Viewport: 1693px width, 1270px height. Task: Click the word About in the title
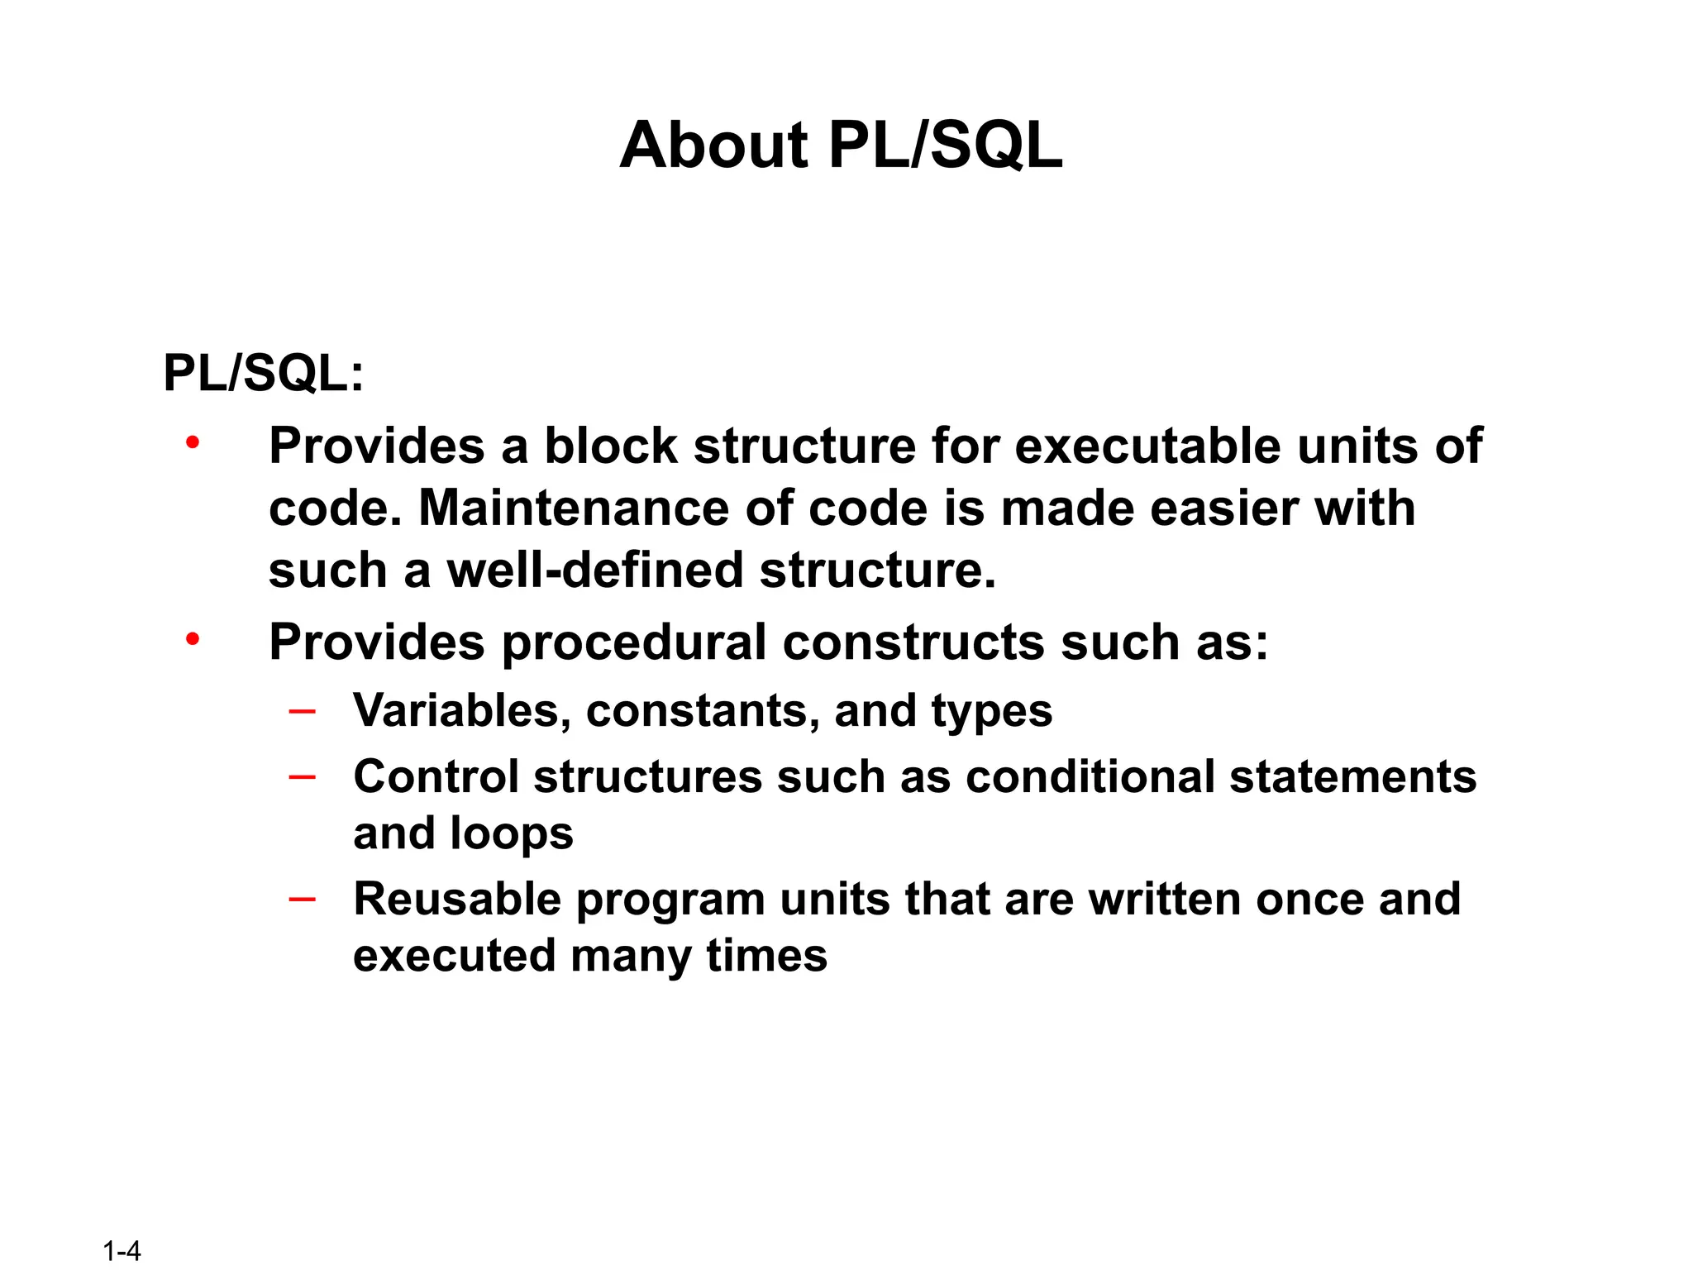713,146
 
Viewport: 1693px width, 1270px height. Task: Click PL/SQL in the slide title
945,146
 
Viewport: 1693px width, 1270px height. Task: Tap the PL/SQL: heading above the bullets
263,374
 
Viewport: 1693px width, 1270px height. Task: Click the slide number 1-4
122,1251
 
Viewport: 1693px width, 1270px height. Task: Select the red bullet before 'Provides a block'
193,444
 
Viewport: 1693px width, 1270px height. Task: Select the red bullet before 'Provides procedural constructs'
193,640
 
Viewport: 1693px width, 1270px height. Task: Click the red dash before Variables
303,711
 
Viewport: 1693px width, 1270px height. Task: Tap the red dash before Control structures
303,777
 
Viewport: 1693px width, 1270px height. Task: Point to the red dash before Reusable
303,899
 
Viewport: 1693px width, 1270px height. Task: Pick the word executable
1147,446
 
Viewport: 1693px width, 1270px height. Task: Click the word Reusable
457,899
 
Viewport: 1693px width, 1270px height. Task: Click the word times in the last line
766,956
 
